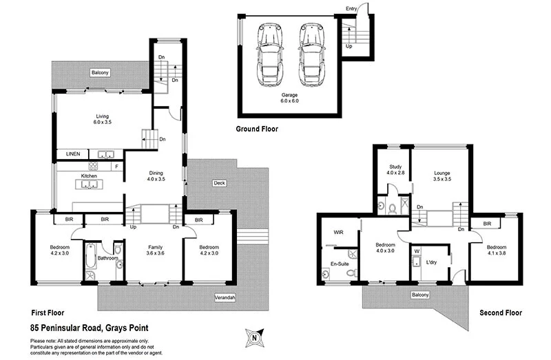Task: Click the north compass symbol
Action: [254, 337]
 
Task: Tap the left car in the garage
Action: [269, 55]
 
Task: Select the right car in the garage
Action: [311, 55]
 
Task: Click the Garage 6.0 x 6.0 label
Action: [289, 97]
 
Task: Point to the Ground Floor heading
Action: [257, 129]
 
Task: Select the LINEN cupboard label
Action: [73, 153]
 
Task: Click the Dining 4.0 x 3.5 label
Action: [156, 178]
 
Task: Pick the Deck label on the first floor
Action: [220, 183]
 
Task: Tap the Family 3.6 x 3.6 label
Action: [155, 250]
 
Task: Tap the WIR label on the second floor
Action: [338, 233]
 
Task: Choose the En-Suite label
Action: [338, 264]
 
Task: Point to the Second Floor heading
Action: [501, 313]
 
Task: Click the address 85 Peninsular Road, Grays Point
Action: [90, 328]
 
